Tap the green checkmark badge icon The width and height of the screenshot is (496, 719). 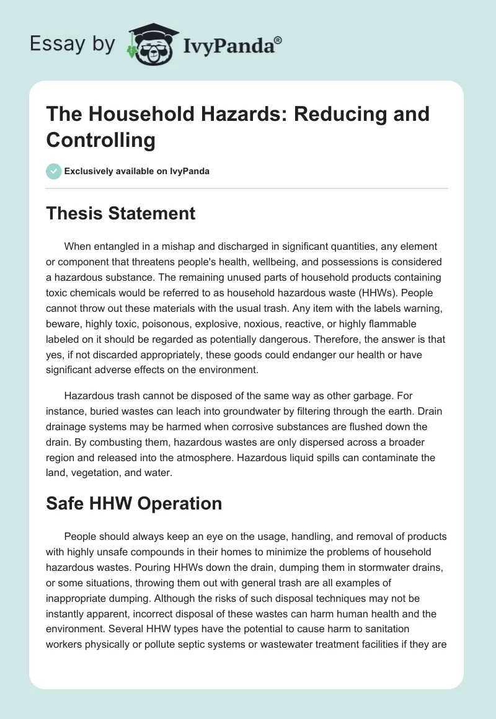(54, 171)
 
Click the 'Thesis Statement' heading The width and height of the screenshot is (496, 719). (121, 214)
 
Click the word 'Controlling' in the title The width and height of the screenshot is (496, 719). (100, 139)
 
